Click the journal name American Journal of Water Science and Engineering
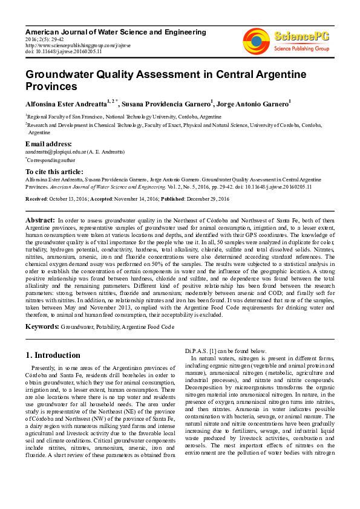[x=115, y=31]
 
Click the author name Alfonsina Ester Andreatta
[x=65, y=104]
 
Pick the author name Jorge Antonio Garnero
[x=253, y=104]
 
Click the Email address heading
[x=48, y=144]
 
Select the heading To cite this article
[x=55, y=172]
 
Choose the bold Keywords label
[x=42, y=326]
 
